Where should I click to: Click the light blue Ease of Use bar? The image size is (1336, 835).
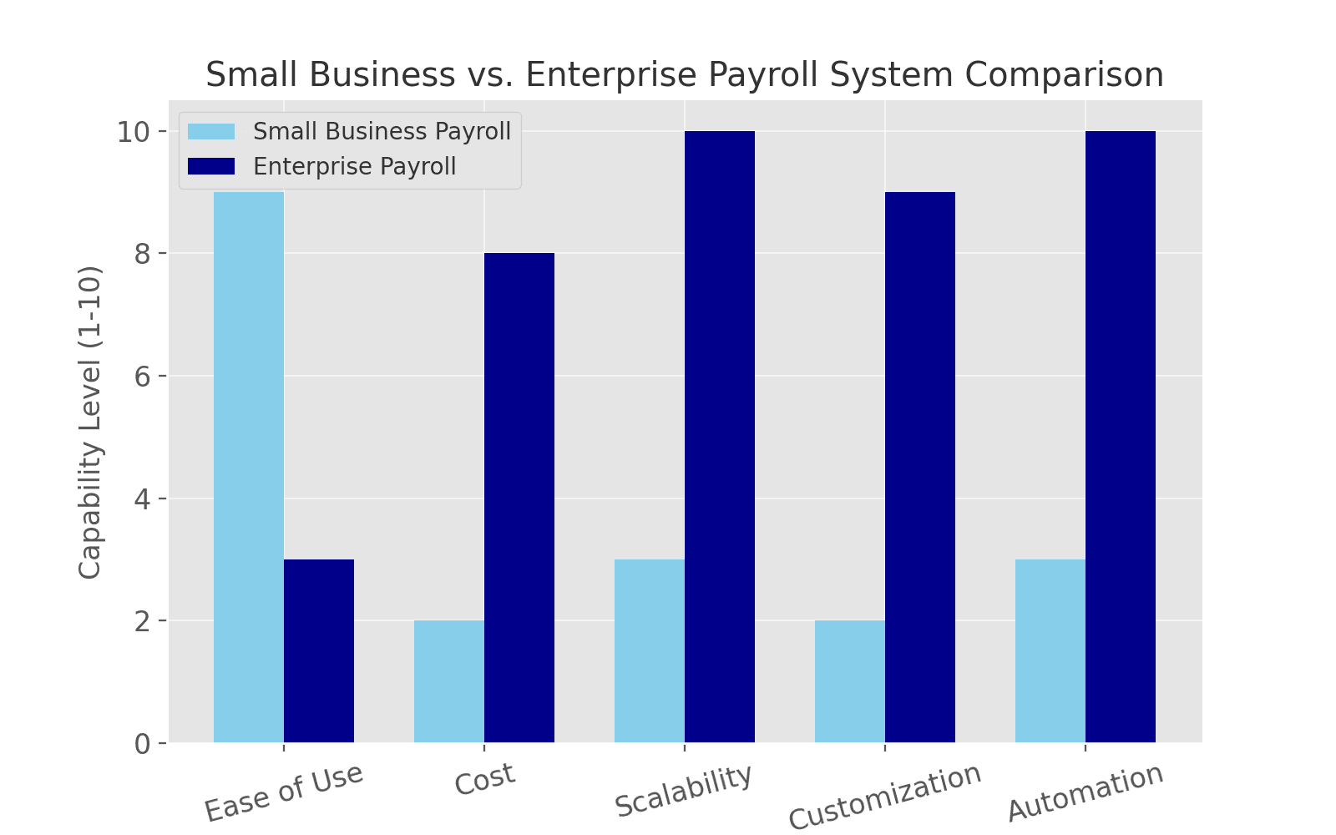[x=249, y=468]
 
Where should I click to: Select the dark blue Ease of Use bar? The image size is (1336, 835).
[x=319, y=651]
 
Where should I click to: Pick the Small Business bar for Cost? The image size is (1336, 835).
[x=449, y=681]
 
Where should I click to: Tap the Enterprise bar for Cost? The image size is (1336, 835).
[x=519, y=498]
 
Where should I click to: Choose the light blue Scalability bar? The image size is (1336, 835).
[x=650, y=651]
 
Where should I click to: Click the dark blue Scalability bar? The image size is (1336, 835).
[x=720, y=437]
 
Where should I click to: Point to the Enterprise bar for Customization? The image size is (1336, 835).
[x=920, y=468]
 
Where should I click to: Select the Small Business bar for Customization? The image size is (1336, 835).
[x=850, y=681]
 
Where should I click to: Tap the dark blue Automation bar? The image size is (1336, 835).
[x=1121, y=437]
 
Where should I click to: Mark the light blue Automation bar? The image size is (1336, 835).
[x=1050, y=651]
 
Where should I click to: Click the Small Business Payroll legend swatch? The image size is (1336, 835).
[x=211, y=132]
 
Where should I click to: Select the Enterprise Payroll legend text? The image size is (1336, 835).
[x=355, y=166]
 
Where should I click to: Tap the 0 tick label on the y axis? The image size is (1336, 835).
[x=141, y=743]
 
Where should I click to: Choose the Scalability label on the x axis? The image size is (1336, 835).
[x=683, y=791]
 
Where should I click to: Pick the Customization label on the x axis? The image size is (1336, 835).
[x=885, y=797]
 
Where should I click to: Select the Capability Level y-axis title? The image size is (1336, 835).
[x=90, y=422]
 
